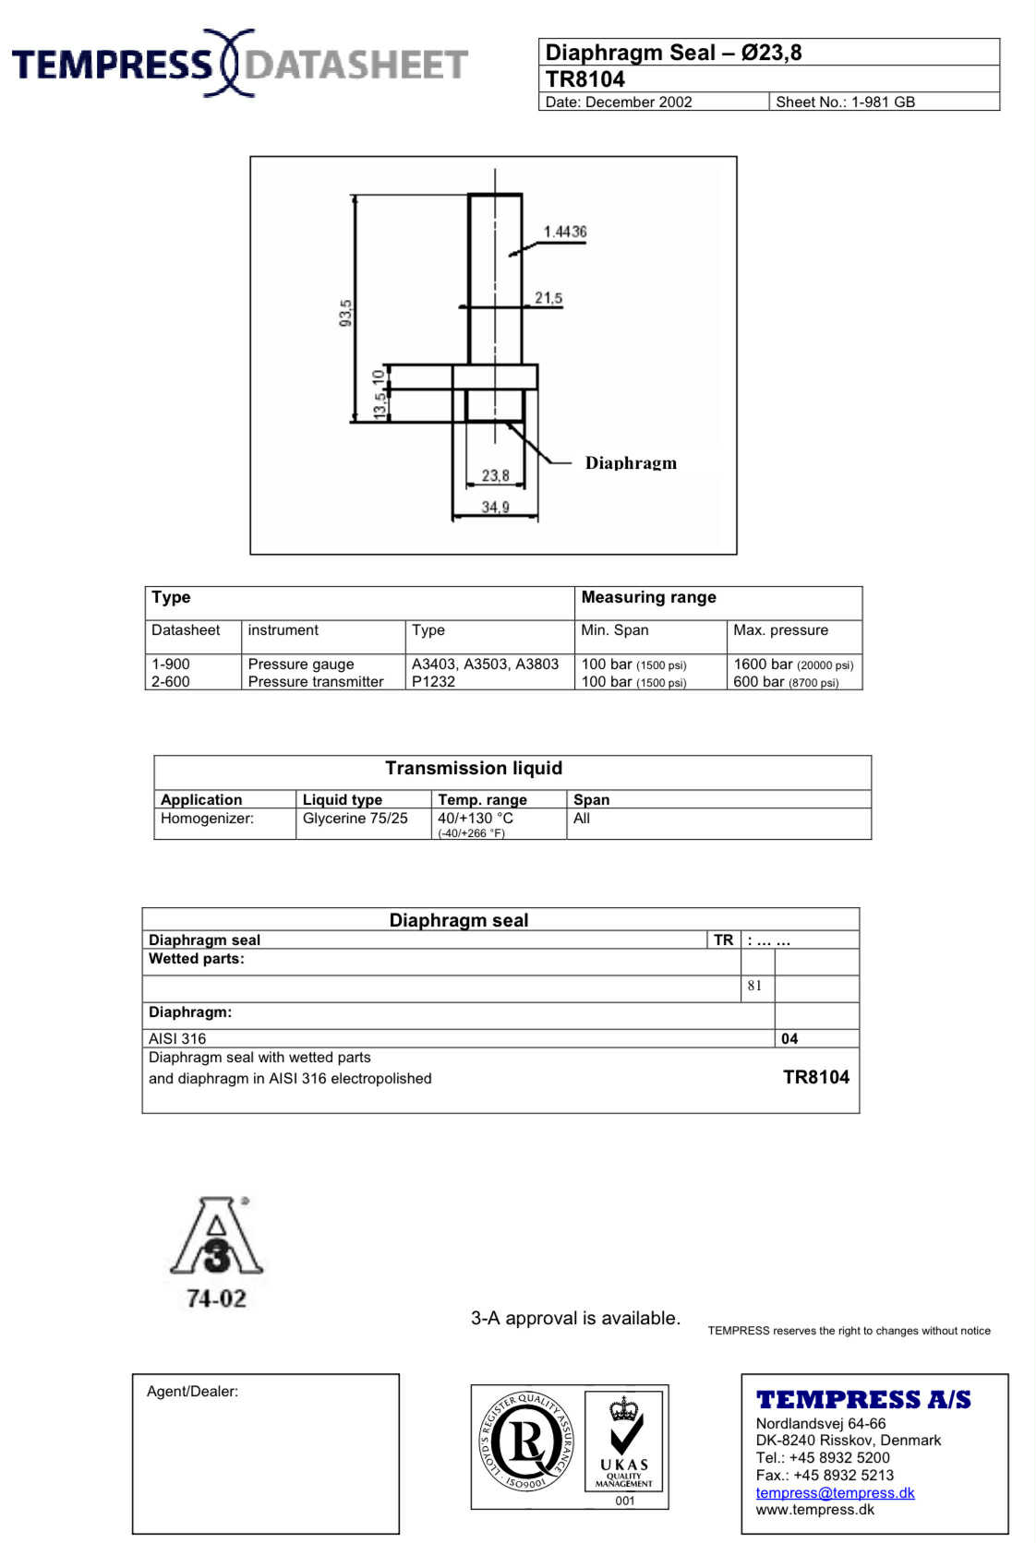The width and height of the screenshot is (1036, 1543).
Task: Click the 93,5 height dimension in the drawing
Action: click(345, 312)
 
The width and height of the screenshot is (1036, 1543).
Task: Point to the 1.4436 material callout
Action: click(564, 232)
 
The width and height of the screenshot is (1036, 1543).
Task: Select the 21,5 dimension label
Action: click(548, 298)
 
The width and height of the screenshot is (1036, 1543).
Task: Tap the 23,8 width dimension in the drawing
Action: click(495, 475)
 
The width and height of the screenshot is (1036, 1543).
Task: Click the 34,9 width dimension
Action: click(495, 507)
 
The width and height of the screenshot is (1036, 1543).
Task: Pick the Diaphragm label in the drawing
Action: click(631, 463)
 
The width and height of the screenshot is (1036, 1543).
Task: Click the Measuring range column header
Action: click(648, 597)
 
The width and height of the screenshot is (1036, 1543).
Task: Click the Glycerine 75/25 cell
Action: click(355, 819)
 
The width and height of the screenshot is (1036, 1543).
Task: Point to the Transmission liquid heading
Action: click(474, 768)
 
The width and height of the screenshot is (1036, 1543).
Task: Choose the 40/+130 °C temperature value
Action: click(475, 819)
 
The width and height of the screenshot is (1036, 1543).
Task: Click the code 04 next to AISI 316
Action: click(789, 1038)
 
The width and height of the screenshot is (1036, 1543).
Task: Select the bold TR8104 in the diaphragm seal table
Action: click(816, 1077)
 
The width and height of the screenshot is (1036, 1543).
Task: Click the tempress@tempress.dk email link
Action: click(835, 1493)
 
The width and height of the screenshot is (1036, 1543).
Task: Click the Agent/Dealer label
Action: click(192, 1392)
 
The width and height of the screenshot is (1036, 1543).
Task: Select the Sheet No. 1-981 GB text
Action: click(845, 102)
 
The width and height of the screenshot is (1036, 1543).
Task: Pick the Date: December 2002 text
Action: click(618, 102)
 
